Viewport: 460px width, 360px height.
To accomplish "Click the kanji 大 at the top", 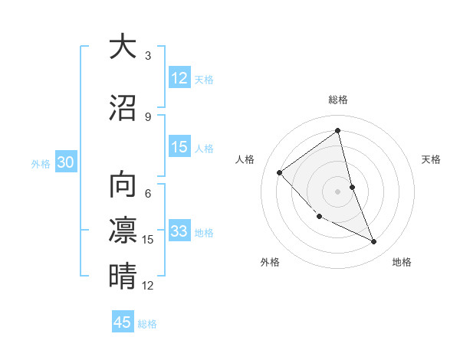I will pyautogui.click(x=123, y=47).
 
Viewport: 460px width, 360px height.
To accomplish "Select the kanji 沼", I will pyautogui.click(x=123, y=109).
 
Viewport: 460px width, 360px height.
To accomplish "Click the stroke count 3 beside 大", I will pyautogui.click(x=148, y=56).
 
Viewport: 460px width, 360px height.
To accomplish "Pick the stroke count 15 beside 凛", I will pyautogui.click(x=148, y=240).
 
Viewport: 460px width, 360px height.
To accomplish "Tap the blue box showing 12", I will pyautogui.click(x=179, y=78).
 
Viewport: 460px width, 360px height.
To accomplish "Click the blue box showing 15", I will pyautogui.click(x=179, y=148).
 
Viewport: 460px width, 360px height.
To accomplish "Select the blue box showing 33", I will pyautogui.click(x=179, y=231).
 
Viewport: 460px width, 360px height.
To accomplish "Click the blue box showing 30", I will pyautogui.click(x=65, y=162).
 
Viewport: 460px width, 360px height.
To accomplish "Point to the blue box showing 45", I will pyautogui.click(x=123, y=322).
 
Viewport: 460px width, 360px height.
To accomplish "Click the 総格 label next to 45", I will pyautogui.click(x=147, y=324).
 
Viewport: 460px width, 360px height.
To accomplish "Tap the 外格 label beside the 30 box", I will pyautogui.click(x=41, y=164).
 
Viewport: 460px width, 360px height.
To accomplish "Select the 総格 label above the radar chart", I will pyautogui.click(x=338, y=100).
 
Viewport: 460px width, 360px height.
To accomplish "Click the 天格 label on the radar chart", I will pyautogui.click(x=432, y=159).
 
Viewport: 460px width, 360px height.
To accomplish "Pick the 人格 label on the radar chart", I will pyautogui.click(x=245, y=159).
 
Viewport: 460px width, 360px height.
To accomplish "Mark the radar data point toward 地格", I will pyautogui.click(x=374, y=242).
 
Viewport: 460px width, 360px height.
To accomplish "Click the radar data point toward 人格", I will pyautogui.click(x=280, y=172).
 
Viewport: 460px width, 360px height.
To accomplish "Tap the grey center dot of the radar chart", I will pyautogui.click(x=338, y=191).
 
